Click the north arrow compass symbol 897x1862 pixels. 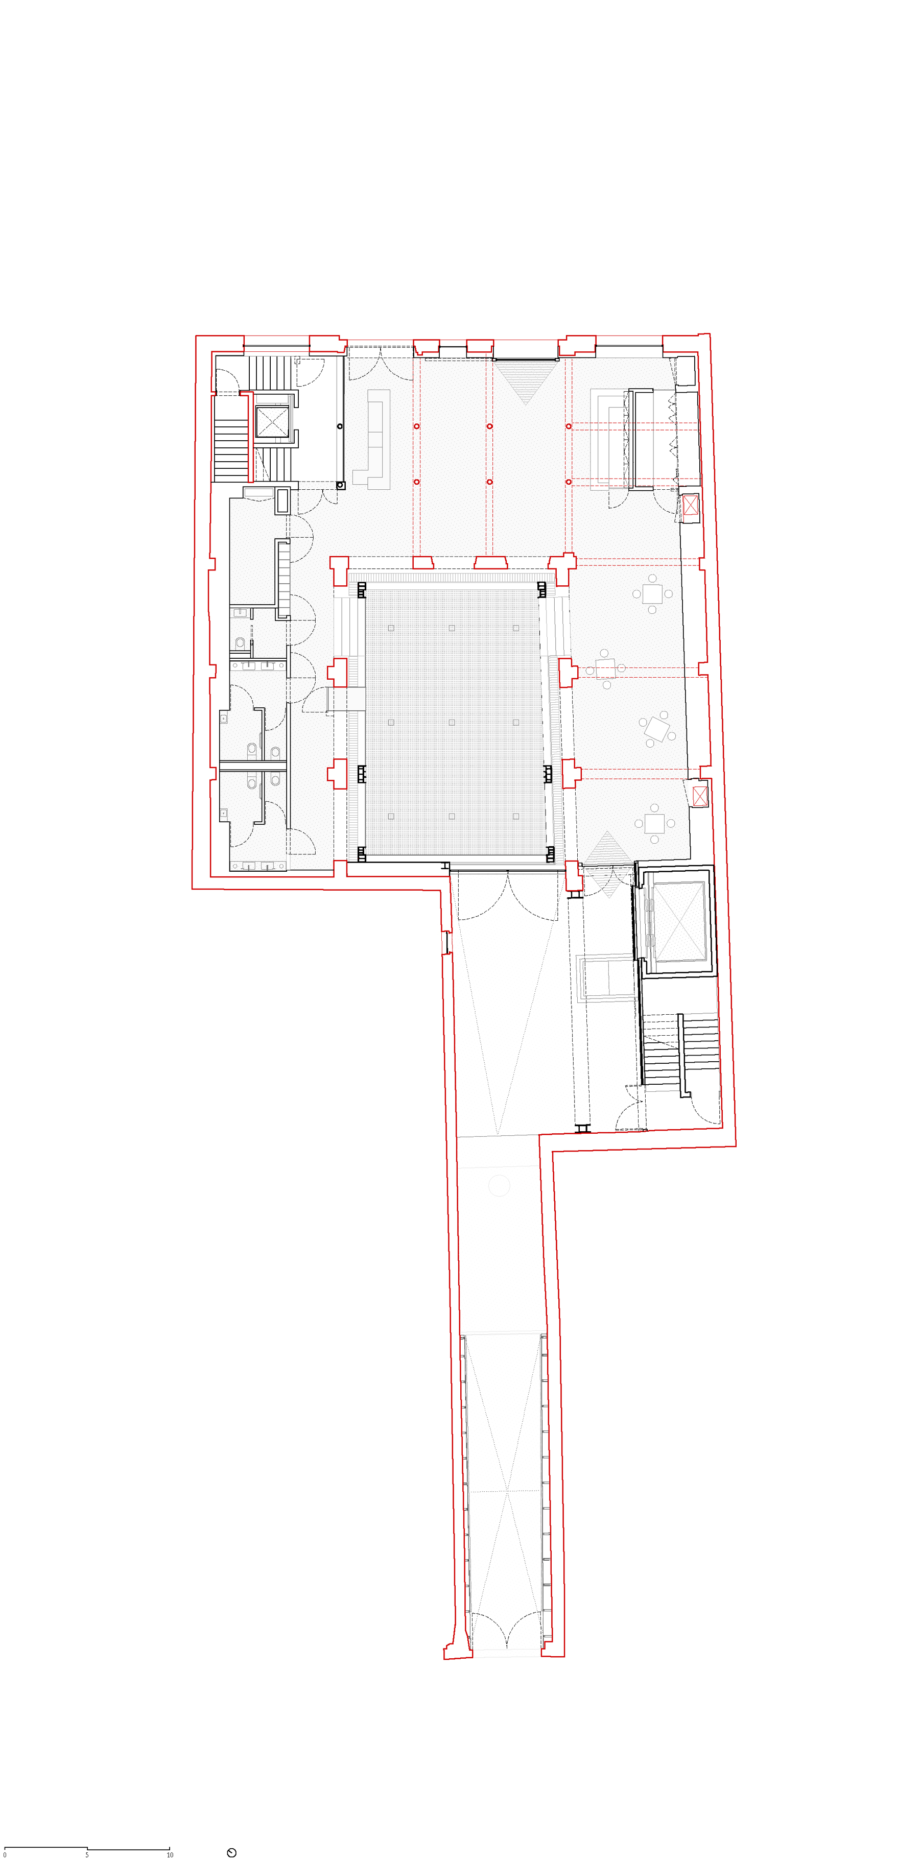231,1853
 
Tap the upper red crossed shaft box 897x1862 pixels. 690,505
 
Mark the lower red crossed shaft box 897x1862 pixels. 700,797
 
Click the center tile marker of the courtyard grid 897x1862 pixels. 452,722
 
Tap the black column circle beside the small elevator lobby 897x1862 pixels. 340,426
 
